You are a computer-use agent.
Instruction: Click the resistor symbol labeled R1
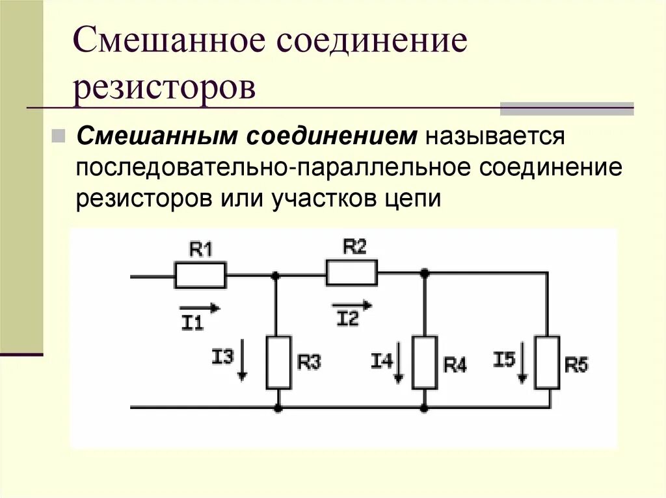[200, 275]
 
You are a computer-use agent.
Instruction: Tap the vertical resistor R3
[278, 362]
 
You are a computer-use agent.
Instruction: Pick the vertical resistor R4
[424, 362]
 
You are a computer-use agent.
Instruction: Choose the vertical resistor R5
[547, 362]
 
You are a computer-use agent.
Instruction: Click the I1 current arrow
[200, 308]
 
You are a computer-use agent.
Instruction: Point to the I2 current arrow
[352, 305]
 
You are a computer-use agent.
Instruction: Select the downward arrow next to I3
[243, 365]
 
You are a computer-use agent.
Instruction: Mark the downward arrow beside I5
[523, 367]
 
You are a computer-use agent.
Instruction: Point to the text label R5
[576, 366]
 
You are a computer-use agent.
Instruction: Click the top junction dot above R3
[278, 275]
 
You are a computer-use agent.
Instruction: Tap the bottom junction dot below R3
[278, 408]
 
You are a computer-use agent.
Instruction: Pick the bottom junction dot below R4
[424, 408]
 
